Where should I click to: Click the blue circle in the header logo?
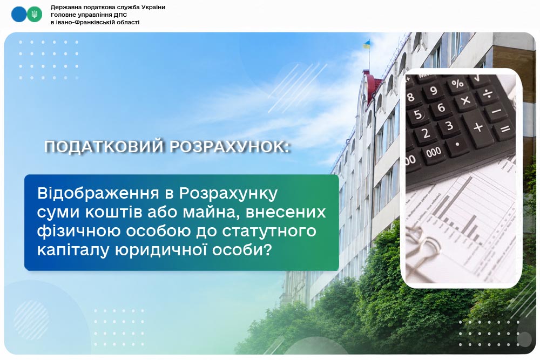pyautogui.click(x=19, y=15)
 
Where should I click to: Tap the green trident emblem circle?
pyautogui.click(x=35, y=15)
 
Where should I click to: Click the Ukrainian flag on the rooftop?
pyautogui.click(x=367, y=45)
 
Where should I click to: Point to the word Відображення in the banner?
pyautogui.click(x=98, y=193)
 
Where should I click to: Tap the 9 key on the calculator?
pyautogui.click(x=434, y=91)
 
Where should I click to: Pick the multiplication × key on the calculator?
pyautogui.click(x=465, y=101)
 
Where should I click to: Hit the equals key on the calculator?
pyautogui.click(x=505, y=130)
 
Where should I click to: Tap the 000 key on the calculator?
pyautogui.click(x=434, y=152)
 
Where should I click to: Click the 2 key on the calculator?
pyautogui.click(x=426, y=133)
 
